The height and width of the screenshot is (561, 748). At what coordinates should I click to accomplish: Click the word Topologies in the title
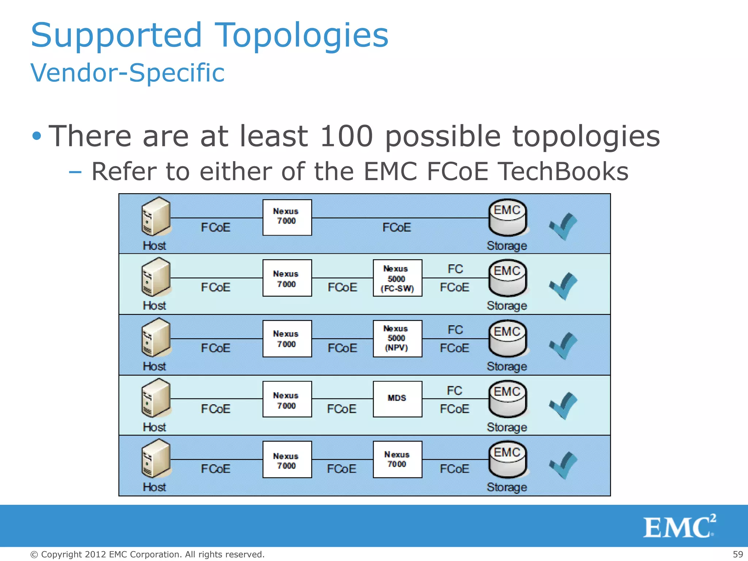(302, 36)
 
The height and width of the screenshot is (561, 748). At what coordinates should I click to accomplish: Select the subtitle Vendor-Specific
(127, 73)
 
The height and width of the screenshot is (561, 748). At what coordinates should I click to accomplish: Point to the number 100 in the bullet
(346, 136)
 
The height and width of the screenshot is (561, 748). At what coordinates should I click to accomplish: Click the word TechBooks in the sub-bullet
(564, 171)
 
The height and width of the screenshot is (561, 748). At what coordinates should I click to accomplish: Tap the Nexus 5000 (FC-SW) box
(397, 278)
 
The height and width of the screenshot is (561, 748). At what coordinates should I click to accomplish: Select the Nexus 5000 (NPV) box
(397, 339)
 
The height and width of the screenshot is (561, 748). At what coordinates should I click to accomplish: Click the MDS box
(397, 399)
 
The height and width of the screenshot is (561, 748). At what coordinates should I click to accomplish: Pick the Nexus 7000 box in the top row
(287, 217)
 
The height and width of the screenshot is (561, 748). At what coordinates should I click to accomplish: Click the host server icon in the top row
(156, 217)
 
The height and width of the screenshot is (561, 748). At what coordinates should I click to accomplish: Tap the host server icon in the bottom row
(156, 459)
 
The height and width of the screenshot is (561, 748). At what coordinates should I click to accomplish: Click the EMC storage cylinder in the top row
(507, 218)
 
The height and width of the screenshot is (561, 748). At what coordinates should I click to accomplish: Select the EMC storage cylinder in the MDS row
(507, 399)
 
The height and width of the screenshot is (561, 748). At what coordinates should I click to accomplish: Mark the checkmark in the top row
(563, 226)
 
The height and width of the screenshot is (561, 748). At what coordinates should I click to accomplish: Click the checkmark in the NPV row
(563, 346)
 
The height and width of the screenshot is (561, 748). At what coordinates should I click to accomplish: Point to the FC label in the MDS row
(455, 391)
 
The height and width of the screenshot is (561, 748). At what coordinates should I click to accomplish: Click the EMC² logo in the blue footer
(679, 526)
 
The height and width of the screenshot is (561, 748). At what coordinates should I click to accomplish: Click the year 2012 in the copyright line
(95, 554)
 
